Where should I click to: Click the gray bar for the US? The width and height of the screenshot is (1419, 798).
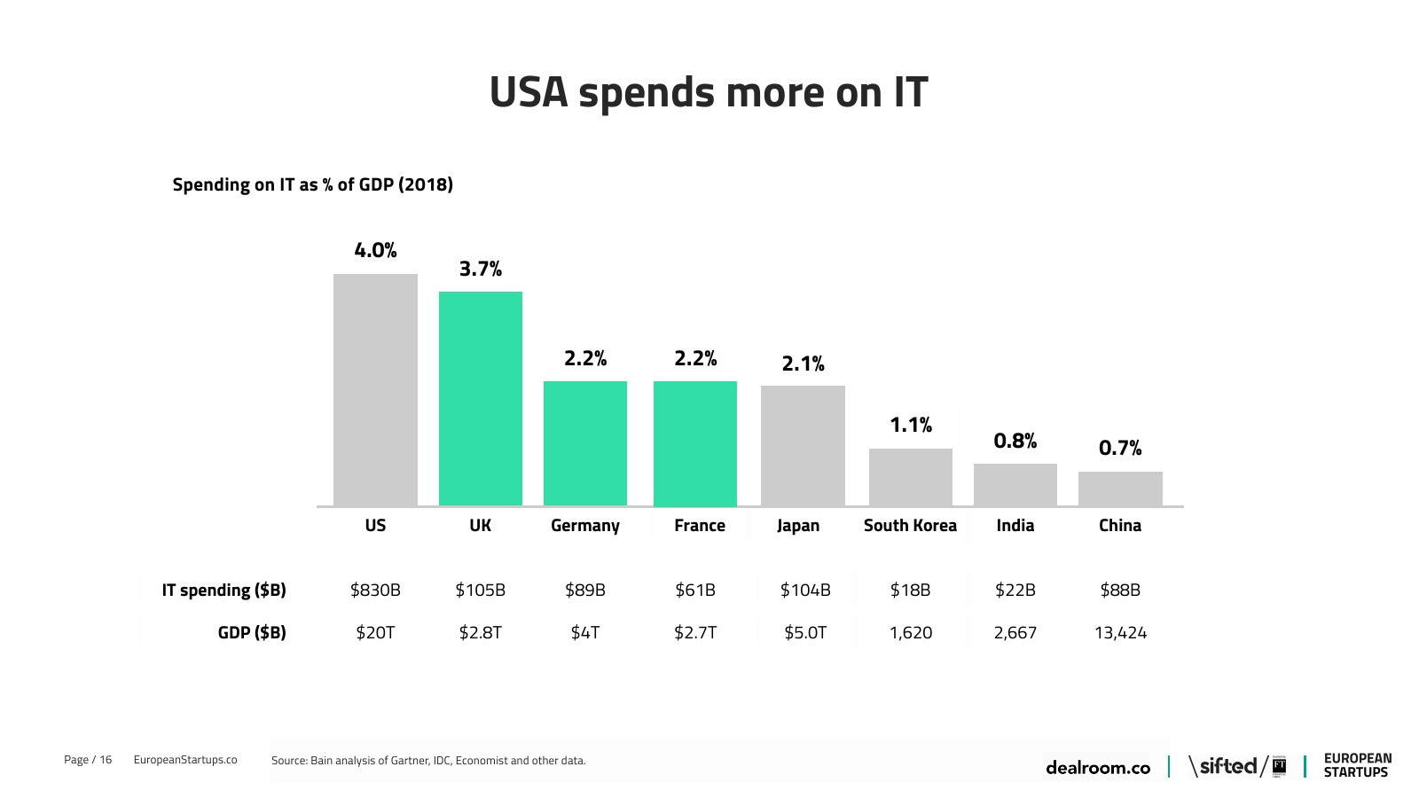point(375,390)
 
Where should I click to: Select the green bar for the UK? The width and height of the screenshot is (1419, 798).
point(481,399)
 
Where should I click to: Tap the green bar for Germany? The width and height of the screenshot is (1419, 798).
point(585,443)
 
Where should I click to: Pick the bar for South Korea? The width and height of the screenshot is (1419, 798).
point(911,477)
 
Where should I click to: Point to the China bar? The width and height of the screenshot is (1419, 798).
point(1120,489)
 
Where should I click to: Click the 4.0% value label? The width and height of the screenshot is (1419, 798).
point(375,251)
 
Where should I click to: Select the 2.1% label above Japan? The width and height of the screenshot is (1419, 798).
point(803,364)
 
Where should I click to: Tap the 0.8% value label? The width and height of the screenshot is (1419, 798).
point(1015,441)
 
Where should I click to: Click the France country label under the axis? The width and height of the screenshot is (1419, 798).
point(699,526)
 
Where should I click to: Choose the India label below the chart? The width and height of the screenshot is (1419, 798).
point(1015,526)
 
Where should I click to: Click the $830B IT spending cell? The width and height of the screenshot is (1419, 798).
point(375,591)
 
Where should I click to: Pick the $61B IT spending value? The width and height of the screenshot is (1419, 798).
point(694,591)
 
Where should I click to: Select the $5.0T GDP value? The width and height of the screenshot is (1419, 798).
point(804,633)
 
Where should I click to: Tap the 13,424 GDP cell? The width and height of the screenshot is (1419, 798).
point(1120,633)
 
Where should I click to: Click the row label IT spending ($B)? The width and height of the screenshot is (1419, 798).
point(223,591)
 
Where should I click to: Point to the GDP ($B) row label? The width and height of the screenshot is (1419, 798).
point(252,633)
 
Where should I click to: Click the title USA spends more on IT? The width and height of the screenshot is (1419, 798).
point(708,93)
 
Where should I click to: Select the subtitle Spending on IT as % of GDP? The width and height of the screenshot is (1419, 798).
point(312,184)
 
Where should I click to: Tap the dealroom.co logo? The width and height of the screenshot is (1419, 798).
point(1097,768)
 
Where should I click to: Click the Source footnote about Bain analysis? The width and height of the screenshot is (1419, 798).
point(428,761)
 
